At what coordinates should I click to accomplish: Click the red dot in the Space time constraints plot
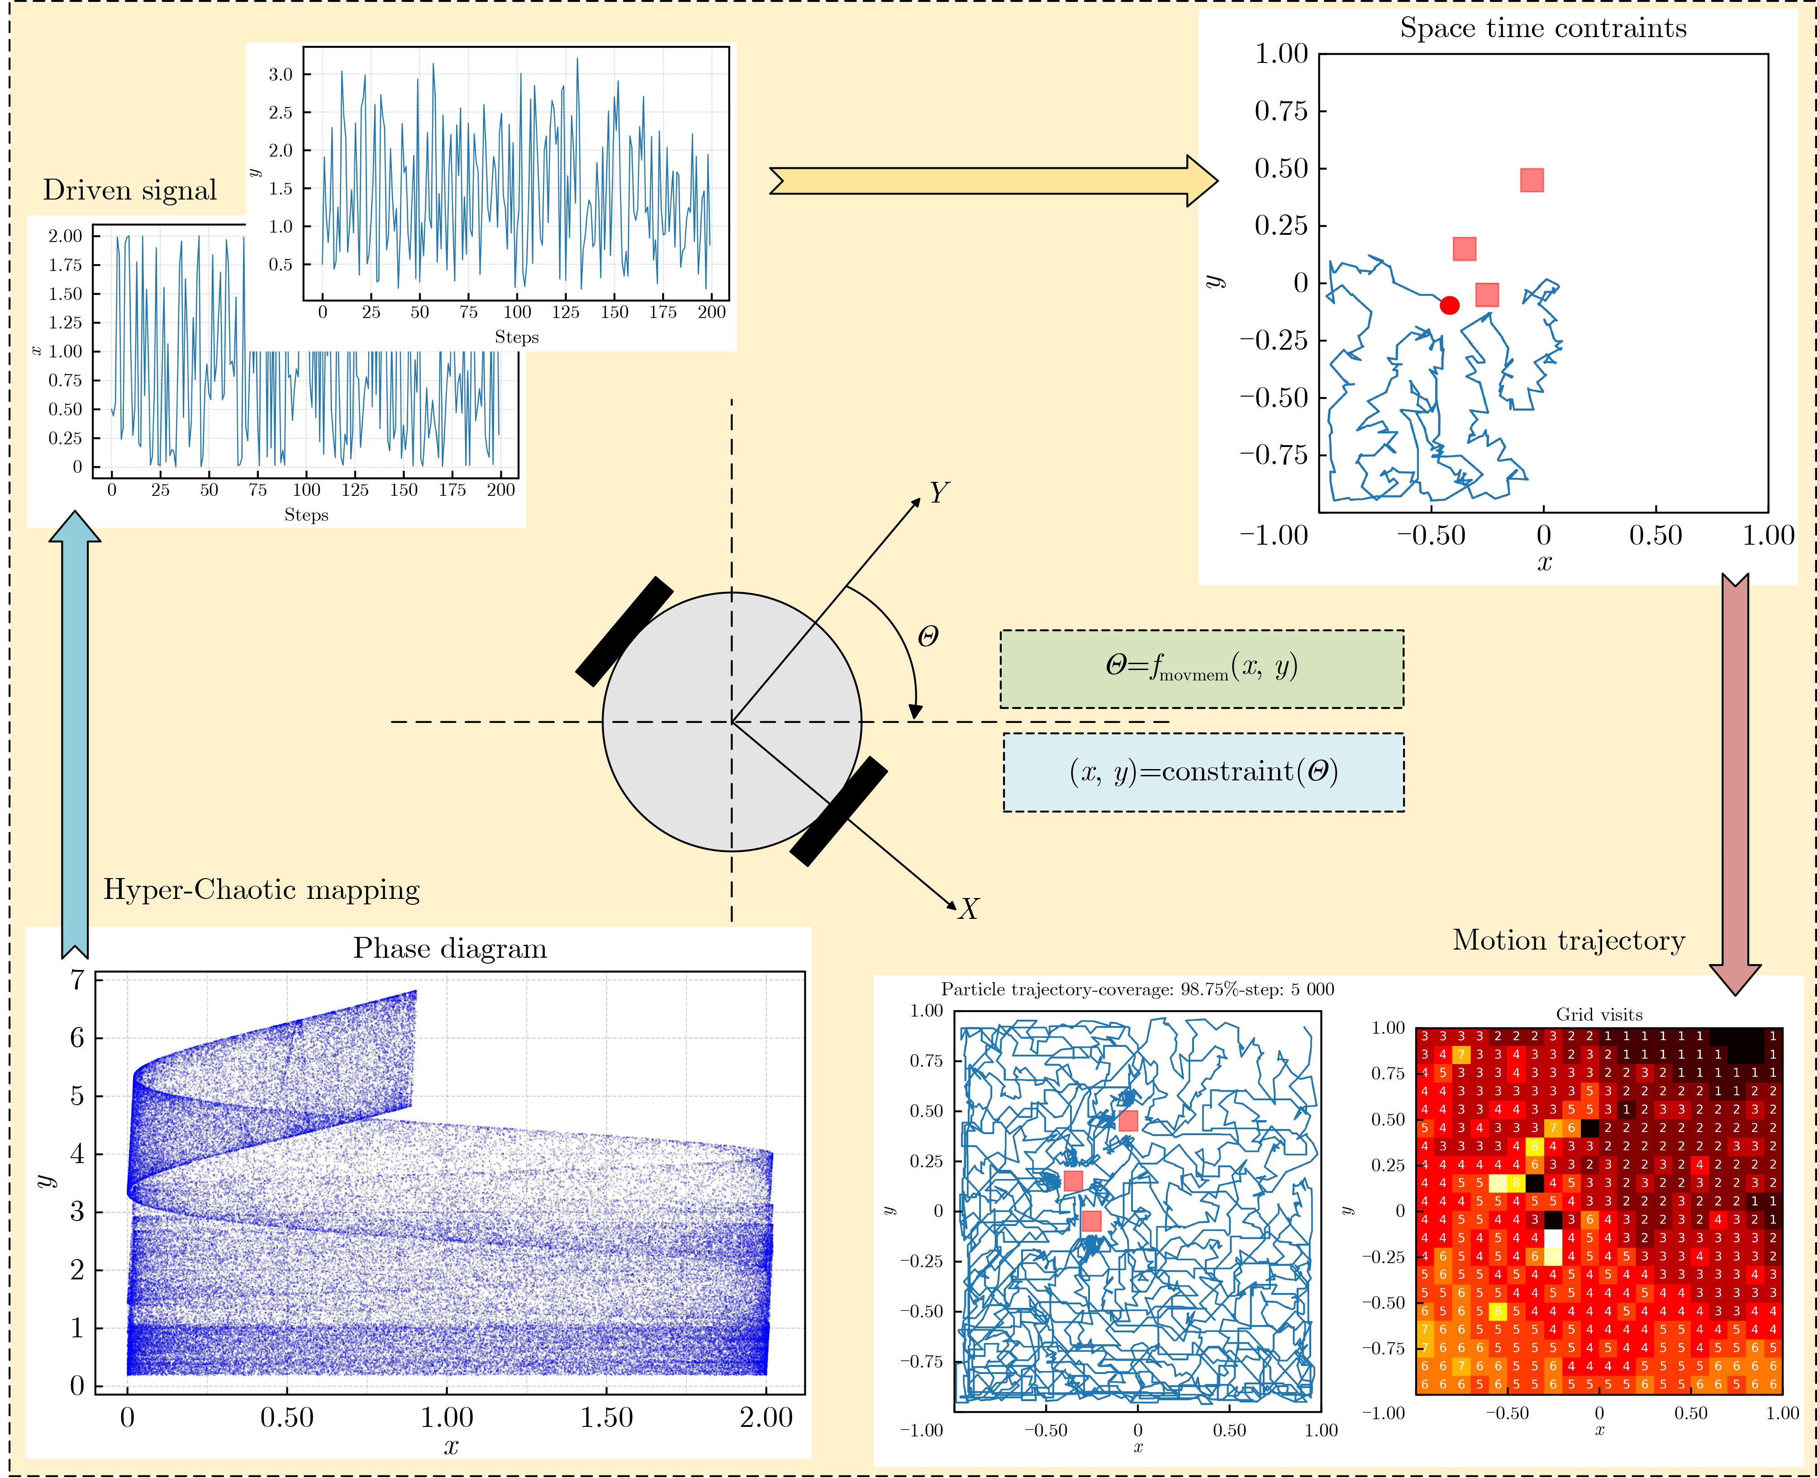(1449, 305)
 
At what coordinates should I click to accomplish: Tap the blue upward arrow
(75, 732)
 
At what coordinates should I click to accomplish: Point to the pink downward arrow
(1734, 783)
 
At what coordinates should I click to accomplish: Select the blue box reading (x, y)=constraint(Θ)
(1203, 772)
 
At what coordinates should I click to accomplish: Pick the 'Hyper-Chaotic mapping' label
(262, 890)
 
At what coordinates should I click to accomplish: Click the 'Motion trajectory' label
(1568, 940)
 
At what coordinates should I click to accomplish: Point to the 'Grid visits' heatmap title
(1599, 1014)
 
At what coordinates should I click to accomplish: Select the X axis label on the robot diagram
(967, 909)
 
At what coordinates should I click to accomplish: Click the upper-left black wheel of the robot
(624, 631)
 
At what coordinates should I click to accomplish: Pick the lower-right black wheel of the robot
(839, 811)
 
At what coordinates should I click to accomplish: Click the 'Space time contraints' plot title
(1543, 28)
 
